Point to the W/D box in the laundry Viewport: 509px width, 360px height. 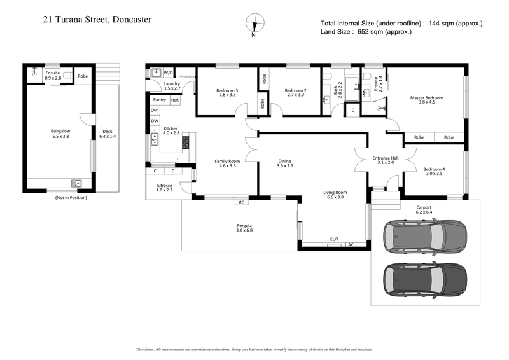[168, 73]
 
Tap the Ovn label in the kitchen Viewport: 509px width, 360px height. [155, 111]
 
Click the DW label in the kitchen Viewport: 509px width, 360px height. [155, 121]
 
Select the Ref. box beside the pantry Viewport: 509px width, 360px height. [174, 100]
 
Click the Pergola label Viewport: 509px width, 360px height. [245, 226]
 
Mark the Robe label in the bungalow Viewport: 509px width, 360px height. [83, 76]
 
